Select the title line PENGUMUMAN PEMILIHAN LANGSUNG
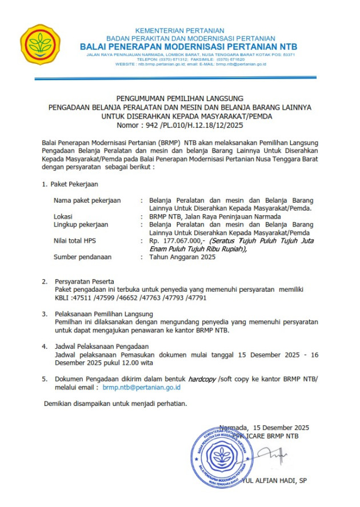click(180, 99)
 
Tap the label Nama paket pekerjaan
click(87, 200)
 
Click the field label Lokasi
click(63, 216)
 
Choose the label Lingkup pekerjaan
click(82, 224)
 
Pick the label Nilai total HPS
click(75, 241)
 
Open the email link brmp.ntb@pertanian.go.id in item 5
click(142, 387)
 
